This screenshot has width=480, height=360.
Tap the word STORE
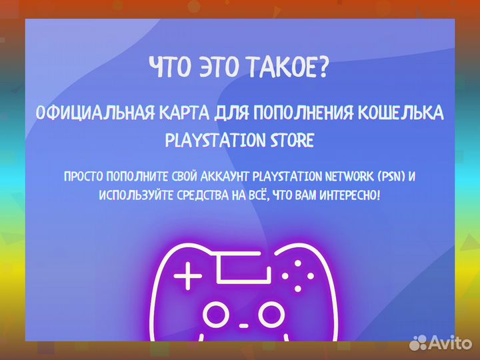287,141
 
